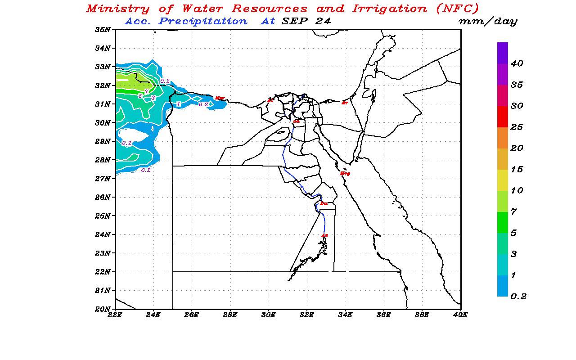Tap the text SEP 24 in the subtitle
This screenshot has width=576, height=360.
coord(306,21)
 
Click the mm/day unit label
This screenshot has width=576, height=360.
coord(487,21)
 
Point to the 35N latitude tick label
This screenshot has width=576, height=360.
coord(103,30)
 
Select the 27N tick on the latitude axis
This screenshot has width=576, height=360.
coord(103,179)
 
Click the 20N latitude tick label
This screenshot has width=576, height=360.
coord(103,309)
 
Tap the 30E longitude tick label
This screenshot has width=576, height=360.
coord(269,315)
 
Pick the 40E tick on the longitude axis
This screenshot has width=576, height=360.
coord(460,315)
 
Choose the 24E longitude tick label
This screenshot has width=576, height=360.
coord(153,315)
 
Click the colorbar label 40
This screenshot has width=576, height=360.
coord(517,64)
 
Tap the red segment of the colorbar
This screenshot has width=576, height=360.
coord(503,117)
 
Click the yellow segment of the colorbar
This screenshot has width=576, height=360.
coord(503,180)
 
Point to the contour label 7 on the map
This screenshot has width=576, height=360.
coord(146,91)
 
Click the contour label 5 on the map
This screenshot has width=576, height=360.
coord(140,96)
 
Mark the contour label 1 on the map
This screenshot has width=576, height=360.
coord(179,104)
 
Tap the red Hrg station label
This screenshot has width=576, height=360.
coord(345,173)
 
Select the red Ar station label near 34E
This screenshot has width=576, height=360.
coord(345,103)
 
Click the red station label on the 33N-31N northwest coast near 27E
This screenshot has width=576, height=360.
coord(220,98)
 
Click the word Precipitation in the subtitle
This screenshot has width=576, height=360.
coord(202,21)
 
